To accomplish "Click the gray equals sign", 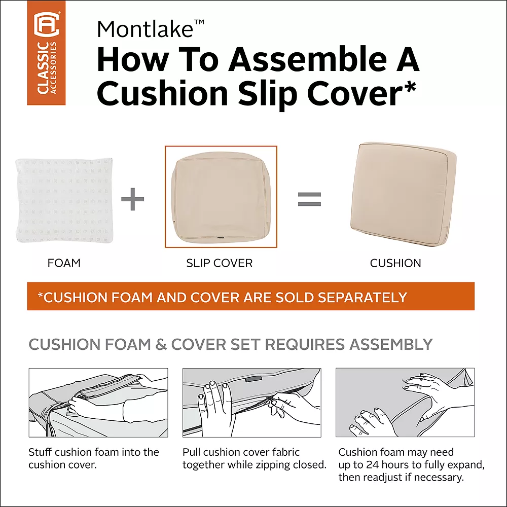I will [x=309, y=199].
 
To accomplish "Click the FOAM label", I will [x=64, y=263].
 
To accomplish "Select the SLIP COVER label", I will [x=219, y=263].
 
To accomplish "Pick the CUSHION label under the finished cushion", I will [x=395, y=263].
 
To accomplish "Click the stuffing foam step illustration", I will [x=98, y=403].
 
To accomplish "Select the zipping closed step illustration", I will [x=251, y=403].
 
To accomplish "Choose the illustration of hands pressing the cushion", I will [x=405, y=403].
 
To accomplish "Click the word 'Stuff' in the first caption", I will [x=40, y=452].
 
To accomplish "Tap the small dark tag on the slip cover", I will [x=221, y=237].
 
